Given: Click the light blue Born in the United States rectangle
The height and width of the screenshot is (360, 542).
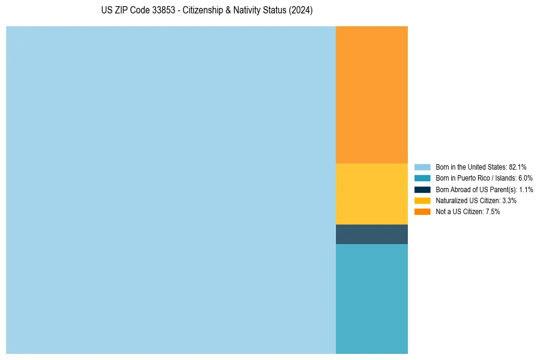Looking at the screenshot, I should (171, 190).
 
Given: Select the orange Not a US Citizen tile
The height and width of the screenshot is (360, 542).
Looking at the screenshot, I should (371, 95).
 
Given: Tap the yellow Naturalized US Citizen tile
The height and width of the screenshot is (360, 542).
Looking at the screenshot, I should (371, 194).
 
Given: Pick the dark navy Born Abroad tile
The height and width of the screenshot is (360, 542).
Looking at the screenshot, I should (371, 234).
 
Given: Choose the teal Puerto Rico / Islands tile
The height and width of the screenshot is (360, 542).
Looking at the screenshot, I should (371, 298).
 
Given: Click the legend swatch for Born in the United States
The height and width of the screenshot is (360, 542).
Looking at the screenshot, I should (423, 167).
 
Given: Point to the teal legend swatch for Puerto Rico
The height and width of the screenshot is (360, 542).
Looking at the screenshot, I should (423, 178).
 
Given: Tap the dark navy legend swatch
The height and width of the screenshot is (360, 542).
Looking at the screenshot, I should (423, 189).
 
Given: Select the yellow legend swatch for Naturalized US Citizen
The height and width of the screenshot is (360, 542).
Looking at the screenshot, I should (423, 200).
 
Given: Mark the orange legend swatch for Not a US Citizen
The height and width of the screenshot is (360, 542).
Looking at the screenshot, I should (423, 212).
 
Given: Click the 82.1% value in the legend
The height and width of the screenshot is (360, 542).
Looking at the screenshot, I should (518, 167).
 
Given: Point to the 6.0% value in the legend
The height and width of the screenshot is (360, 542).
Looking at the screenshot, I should (525, 178).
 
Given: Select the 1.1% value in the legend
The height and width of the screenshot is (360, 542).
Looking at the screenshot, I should (526, 189).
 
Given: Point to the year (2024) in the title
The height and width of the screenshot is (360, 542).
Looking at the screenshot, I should (301, 11).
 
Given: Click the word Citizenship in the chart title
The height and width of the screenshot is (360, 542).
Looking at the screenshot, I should (204, 11).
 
